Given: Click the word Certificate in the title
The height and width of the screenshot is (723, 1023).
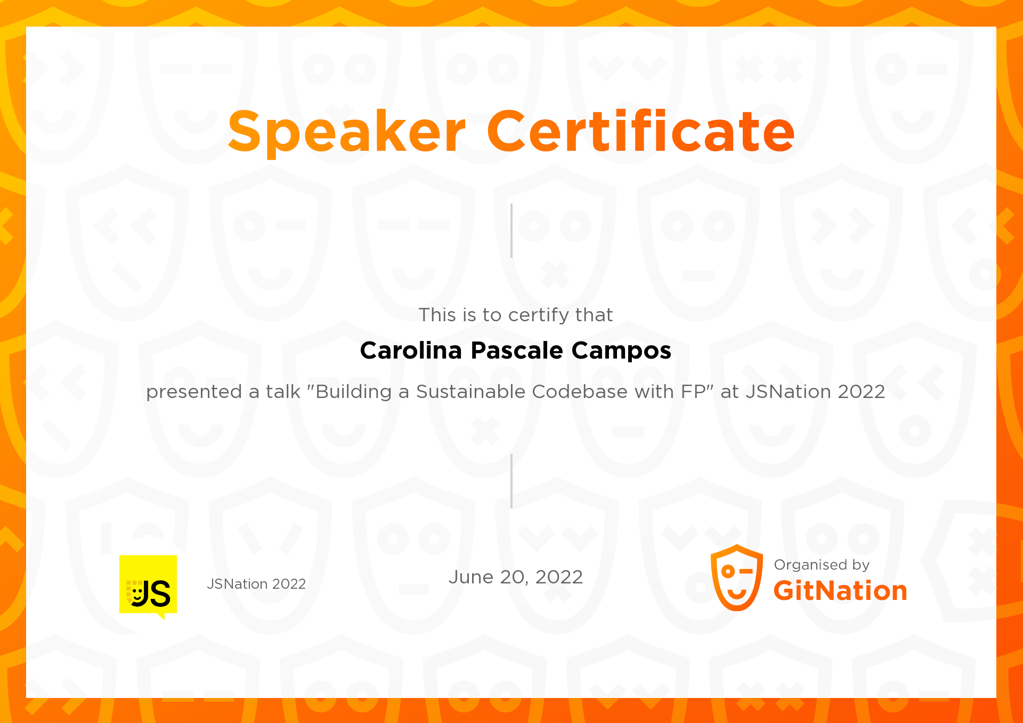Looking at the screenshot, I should tap(640, 131).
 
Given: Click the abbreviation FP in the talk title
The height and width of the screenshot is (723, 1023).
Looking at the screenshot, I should tap(695, 392).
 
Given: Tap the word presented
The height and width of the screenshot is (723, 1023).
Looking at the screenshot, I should tap(194, 392).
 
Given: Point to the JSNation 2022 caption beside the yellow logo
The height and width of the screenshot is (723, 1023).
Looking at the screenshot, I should tap(256, 584).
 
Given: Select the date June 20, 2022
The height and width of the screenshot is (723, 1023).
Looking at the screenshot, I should tap(516, 577).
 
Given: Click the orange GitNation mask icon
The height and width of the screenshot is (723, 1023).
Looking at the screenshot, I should tap(737, 578).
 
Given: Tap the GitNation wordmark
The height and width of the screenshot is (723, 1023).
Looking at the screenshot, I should tap(840, 591).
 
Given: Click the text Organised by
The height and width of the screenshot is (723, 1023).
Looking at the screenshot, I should tap(822, 565).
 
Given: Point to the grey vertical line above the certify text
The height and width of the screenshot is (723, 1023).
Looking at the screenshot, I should tap(511, 231).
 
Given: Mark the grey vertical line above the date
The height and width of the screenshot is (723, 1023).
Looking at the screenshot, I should tap(511, 481).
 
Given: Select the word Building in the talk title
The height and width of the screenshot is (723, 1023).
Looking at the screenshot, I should tap(353, 392).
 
